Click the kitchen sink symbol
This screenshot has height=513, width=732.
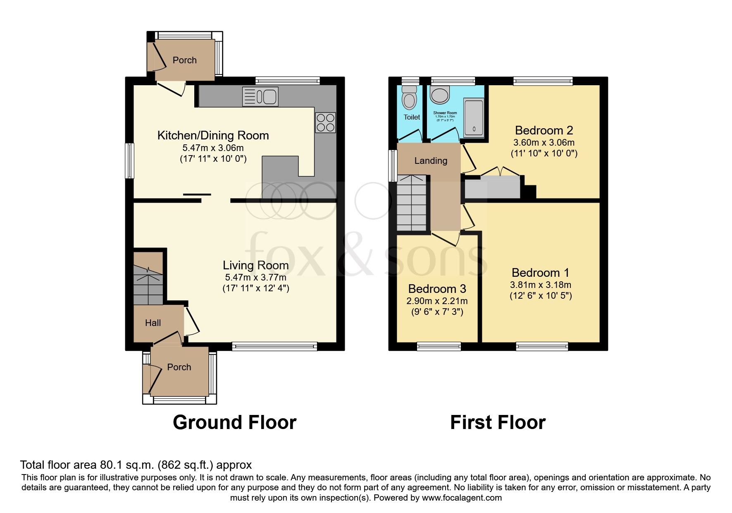click(x=261, y=97)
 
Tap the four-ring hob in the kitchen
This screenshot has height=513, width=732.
click(x=325, y=122)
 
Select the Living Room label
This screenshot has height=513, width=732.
click(x=255, y=265)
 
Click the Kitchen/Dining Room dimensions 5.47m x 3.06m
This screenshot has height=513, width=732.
click(x=213, y=148)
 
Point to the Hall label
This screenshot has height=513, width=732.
click(x=153, y=323)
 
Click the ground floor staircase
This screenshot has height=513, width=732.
click(x=148, y=278)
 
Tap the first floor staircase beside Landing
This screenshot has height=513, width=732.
click(x=411, y=203)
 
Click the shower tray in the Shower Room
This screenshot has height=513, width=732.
click(x=474, y=118)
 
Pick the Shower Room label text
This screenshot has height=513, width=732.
click(x=445, y=113)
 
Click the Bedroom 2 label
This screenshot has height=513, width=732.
click(x=544, y=130)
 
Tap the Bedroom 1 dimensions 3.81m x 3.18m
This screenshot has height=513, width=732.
click(x=541, y=285)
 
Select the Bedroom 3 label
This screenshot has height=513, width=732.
click(x=437, y=289)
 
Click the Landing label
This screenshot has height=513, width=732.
click(x=431, y=161)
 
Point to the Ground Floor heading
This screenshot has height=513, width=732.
click(x=234, y=422)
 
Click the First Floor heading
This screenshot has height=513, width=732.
click(x=498, y=422)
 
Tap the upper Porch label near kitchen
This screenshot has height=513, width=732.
click(x=184, y=60)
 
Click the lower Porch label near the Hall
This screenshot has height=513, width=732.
click(x=179, y=367)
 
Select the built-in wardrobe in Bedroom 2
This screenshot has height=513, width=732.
click(x=492, y=187)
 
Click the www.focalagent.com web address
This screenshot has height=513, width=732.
click(x=462, y=498)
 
